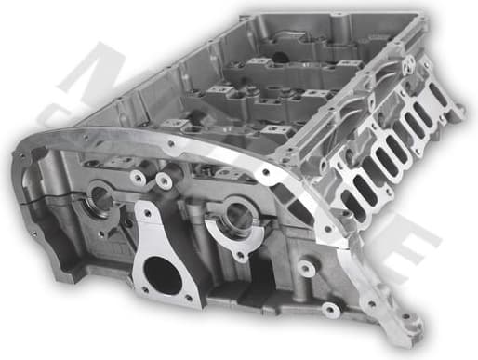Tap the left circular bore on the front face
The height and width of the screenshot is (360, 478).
tap(100, 199)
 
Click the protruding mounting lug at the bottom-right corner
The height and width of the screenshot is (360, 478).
tap(402, 325)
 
